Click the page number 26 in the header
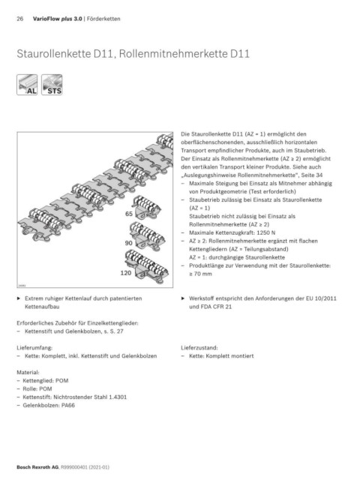point(20,19)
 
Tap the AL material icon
point(27,85)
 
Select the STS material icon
point(52,85)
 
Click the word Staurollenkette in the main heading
point(54,53)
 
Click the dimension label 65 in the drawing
point(129,214)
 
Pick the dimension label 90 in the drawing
point(128,243)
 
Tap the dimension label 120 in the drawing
point(125,273)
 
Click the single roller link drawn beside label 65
point(146,207)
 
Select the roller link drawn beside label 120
point(147,265)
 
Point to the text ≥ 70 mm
point(200,274)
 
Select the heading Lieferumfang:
point(34,348)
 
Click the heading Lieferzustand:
point(199,348)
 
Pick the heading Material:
point(28,373)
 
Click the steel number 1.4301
point(118,397)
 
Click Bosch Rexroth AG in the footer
point(37,467)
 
